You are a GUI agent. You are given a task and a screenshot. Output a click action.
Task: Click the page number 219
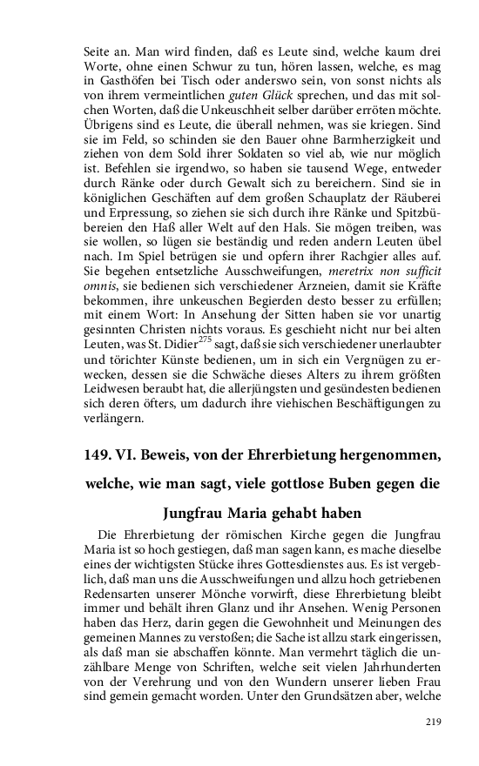coord(434,722)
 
